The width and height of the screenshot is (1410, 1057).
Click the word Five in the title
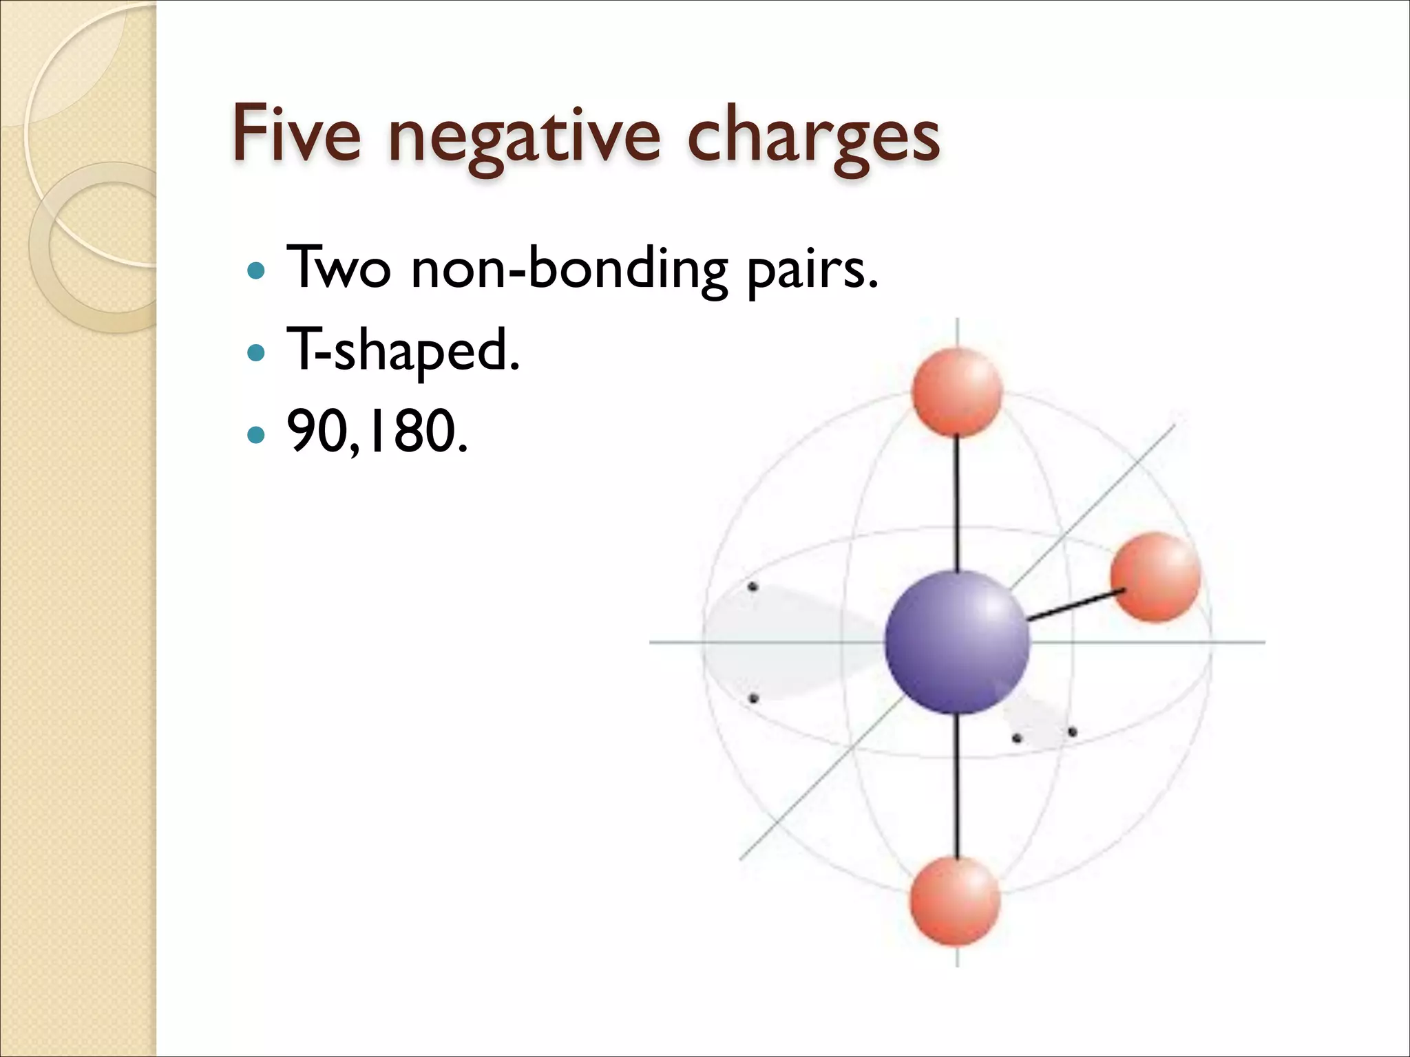pyautogui.click(x=297, y=135)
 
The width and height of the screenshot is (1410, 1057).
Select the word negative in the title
pyautogui.click(x=524, y=138)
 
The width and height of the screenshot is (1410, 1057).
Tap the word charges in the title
pyautogui.click(x=813, y=138)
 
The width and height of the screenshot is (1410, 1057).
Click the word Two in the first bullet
pyautogui.click(x=338, y=268)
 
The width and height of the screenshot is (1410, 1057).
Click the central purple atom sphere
pyautogui.click(x=956, y=641)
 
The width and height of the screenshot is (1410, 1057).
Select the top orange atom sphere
pyautogui.click(x=956, y=392)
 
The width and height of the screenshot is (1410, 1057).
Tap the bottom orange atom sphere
pyautogui.click(x=954, y=901)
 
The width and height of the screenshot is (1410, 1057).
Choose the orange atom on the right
pyautogui.click(x=1155, y=577)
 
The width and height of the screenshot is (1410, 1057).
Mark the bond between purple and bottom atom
pyautogui.click(x=957, y=784)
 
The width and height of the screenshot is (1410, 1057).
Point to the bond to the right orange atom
pyautogui.click(x=1074, y=605)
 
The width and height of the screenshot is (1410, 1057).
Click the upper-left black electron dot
pyautogui.click(x=753, y=587)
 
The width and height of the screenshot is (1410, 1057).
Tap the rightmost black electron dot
pyautogui.click(x=1072, y=732)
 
